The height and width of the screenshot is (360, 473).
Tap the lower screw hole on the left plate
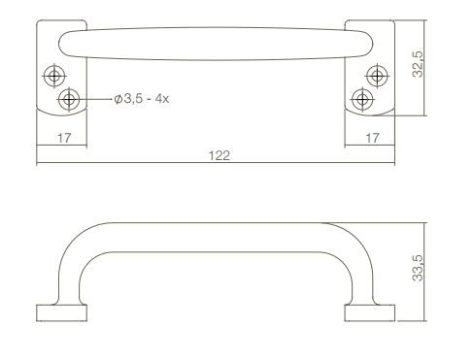click(68, 99)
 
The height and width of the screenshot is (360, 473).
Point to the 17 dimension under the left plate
click(63, 139)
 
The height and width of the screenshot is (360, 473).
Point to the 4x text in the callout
click(160, 100)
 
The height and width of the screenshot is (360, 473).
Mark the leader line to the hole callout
click(95, 99)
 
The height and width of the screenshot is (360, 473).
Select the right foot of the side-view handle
click(369, 311)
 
